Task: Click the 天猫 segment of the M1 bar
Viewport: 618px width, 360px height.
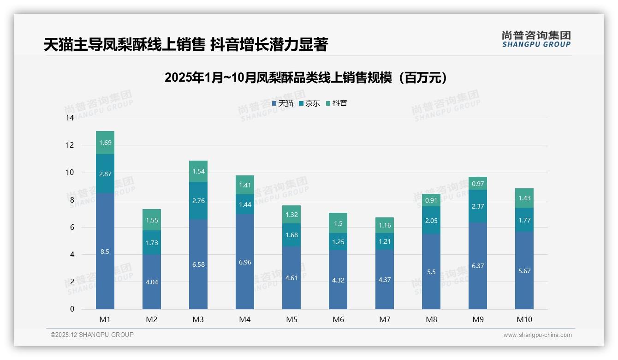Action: (105, 252)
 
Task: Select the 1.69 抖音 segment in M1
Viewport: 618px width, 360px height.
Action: (105, 143)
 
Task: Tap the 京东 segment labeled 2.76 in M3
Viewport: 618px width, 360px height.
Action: (198, 201)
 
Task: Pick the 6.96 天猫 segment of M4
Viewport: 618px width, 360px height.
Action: (245, 262)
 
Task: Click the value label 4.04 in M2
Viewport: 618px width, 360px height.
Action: (152, 282)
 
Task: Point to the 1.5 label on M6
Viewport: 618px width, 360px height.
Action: (338, 223)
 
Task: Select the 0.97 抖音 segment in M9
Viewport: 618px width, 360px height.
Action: (478, 184)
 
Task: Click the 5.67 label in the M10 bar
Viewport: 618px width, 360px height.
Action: (524, 271)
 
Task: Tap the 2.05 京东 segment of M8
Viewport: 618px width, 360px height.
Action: (431, 221)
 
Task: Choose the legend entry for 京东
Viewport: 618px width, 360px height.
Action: (309, 103)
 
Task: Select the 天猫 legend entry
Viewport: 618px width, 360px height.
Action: (282, 103)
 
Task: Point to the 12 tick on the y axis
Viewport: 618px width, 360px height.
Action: (70, 145)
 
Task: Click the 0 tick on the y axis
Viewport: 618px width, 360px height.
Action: (72, 309)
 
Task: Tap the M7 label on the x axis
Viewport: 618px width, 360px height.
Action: (385, 319)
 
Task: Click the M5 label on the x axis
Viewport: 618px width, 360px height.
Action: (291, 319)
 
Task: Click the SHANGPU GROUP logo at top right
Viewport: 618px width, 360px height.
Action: (536, 39)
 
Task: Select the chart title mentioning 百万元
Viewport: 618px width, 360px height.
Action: (306, 78)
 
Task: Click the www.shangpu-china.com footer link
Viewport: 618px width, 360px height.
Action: (537, 335)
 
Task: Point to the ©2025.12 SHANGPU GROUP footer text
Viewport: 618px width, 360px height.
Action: (92, 335)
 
